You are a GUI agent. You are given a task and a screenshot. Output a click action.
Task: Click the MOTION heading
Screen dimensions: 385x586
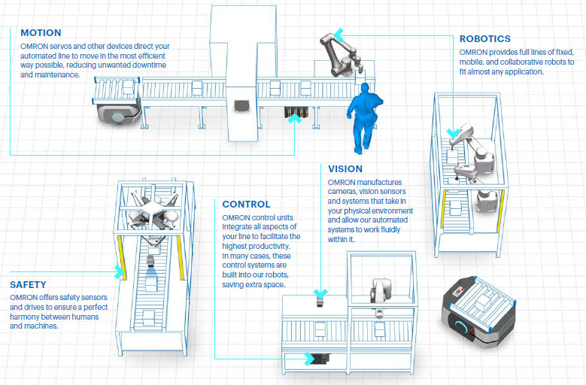[41, 33]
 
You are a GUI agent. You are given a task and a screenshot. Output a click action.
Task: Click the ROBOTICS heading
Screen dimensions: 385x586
[484, 39]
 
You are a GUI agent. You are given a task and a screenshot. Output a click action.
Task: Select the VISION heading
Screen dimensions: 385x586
[345, 169]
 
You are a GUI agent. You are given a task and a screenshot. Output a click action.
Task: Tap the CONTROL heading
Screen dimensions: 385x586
[246, 204]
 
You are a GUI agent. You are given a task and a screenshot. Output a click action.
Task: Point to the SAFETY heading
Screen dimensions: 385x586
[28, 285]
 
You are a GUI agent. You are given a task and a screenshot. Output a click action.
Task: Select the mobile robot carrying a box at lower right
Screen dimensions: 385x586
[477, 308]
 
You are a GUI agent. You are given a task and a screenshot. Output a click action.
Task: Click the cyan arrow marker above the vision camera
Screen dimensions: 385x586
[321, 294]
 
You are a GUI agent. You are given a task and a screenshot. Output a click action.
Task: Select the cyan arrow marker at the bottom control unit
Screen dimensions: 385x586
[308, 359]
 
